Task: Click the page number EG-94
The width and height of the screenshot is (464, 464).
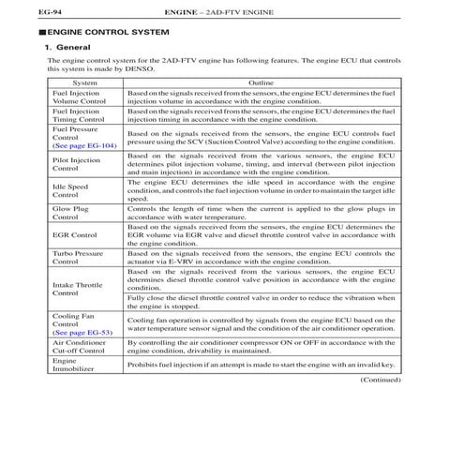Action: (22, 11)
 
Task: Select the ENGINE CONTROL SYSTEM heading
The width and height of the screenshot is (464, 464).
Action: (95, 32)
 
